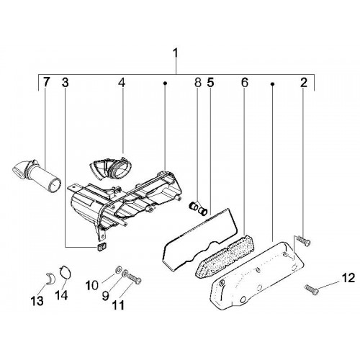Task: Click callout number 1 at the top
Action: coord(176,53)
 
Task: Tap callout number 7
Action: coord(46,82)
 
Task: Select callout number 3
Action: coord(65,82)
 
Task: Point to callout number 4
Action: coord(122,83)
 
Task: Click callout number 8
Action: coord(197,82)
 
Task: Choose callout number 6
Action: coord(244,82)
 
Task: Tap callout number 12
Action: coord(348,278)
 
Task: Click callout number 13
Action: coord(37,300)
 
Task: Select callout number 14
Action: coord(61,294)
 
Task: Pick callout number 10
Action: coord(92,286)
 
